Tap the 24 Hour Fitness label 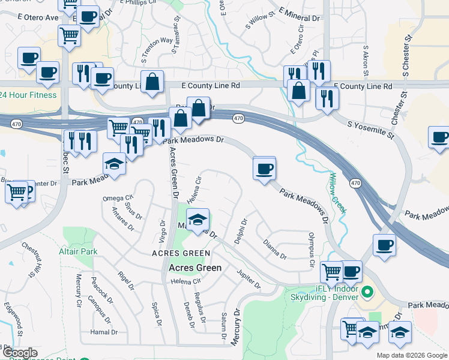click(x=28, y=95)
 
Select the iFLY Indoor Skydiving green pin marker click(x=369, y=293)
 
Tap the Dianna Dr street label click(x=275, y=249)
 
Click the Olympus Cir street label click(x=312, y=250)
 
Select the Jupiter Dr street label click(x=249, y=280)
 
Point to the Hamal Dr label click(x=104, y=332)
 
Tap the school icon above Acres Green click(x=197, y=220)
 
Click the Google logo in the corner click(x=20, y=353)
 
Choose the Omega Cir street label click(x=117, y=199)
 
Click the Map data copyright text click(x=412, y=355)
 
